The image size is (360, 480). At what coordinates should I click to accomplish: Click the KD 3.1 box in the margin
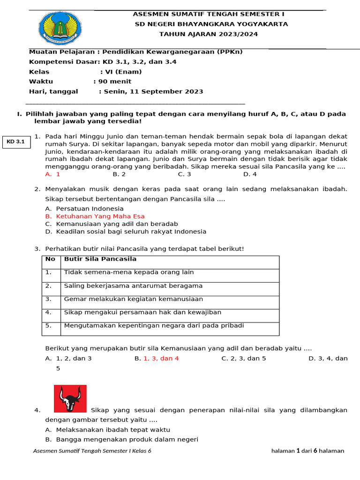(16, 142)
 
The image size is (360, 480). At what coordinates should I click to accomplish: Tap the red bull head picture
(70, 399)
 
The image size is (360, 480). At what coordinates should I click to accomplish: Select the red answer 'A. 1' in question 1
(52, 174)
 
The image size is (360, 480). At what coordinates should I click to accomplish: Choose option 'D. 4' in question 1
(250, 174)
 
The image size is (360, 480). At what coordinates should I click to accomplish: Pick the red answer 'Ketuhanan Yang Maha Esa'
(100, 217)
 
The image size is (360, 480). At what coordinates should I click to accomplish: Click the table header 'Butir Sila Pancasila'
(100, 259)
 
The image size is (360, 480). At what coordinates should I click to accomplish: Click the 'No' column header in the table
(51, 259)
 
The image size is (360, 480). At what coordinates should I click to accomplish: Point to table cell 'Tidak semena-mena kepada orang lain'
(128, 272)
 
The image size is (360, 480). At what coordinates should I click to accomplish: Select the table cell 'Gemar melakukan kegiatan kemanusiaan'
(133, 299)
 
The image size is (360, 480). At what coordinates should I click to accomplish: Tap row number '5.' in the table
(49, 326)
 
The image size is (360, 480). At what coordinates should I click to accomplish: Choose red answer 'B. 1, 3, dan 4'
(157, 359)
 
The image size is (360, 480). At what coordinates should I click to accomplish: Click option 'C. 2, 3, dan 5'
(243, 359)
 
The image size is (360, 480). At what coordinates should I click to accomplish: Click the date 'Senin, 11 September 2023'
(153, 92)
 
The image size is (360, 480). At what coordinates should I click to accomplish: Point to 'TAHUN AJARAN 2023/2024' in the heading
(209, 34)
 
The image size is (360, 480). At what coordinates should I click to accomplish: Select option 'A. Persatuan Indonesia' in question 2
(84, 209)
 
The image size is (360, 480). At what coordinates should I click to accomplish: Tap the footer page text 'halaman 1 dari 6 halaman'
(307, 451)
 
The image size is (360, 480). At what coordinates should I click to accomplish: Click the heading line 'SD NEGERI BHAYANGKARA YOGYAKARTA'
(211, 24)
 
